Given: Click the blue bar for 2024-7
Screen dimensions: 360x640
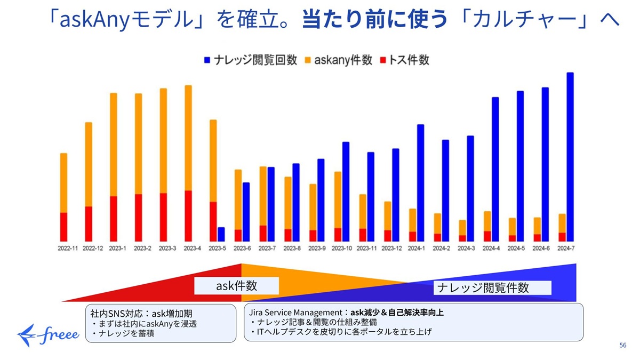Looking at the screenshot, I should click(x=570, y=157).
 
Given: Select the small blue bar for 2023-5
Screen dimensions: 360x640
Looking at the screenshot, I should click(x=221, y=234).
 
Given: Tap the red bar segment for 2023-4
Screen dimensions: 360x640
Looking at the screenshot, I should click(x=188, y=215).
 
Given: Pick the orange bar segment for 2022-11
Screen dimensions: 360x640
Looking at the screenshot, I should click(x=64, y=183).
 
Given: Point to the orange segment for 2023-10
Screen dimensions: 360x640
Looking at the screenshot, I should click(x=338, y=200).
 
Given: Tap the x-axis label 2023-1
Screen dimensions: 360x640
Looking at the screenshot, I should click(x=118, y=249).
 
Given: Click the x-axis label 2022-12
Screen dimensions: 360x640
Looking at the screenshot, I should click(x=93, y=249).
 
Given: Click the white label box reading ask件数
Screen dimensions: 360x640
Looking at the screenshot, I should click(x=236, y=285).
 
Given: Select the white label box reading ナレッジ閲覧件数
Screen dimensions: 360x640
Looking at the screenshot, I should click(x=483, y=288).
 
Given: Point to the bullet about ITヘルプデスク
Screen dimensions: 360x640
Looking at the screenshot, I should click(x=341, y=332).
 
